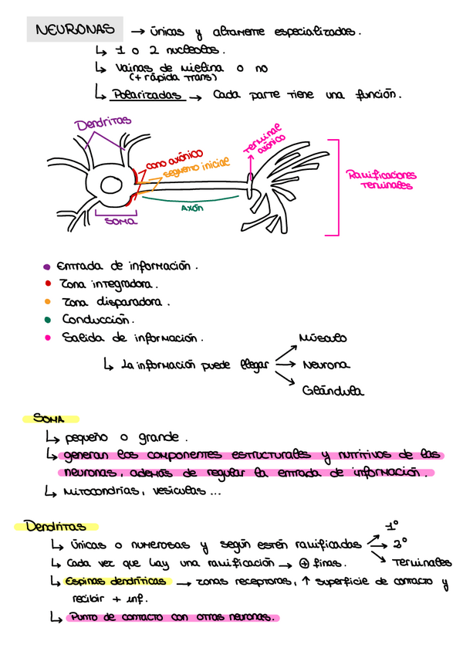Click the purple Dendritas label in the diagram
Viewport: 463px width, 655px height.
coord(103,123)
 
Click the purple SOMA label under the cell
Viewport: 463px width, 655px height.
coord(120,222)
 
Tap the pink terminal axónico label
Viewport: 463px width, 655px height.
coord(263,141)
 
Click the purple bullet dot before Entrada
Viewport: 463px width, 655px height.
coord(47,267)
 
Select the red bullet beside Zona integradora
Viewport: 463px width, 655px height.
coord(47,284)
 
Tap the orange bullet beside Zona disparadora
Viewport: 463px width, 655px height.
coord(47,302)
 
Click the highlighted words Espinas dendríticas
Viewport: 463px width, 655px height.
coord(116,581)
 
